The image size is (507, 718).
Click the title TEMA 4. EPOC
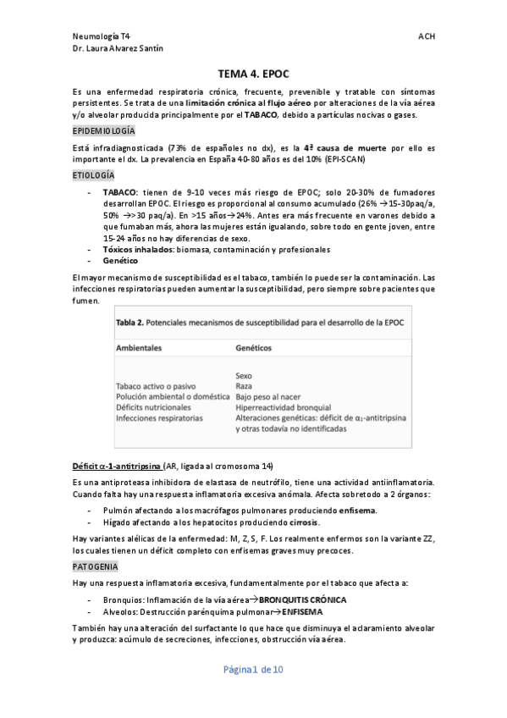point(253,74)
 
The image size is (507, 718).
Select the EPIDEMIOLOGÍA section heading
point(103,131)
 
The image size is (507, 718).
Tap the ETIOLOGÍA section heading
point(93,174)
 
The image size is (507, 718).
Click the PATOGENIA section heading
point(96,566)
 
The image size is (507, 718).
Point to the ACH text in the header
point(426,36)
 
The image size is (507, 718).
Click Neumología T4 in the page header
point(102,36)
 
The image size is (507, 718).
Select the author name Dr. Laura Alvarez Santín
point(119,48)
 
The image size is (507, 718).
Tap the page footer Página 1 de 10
point(253,670)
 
